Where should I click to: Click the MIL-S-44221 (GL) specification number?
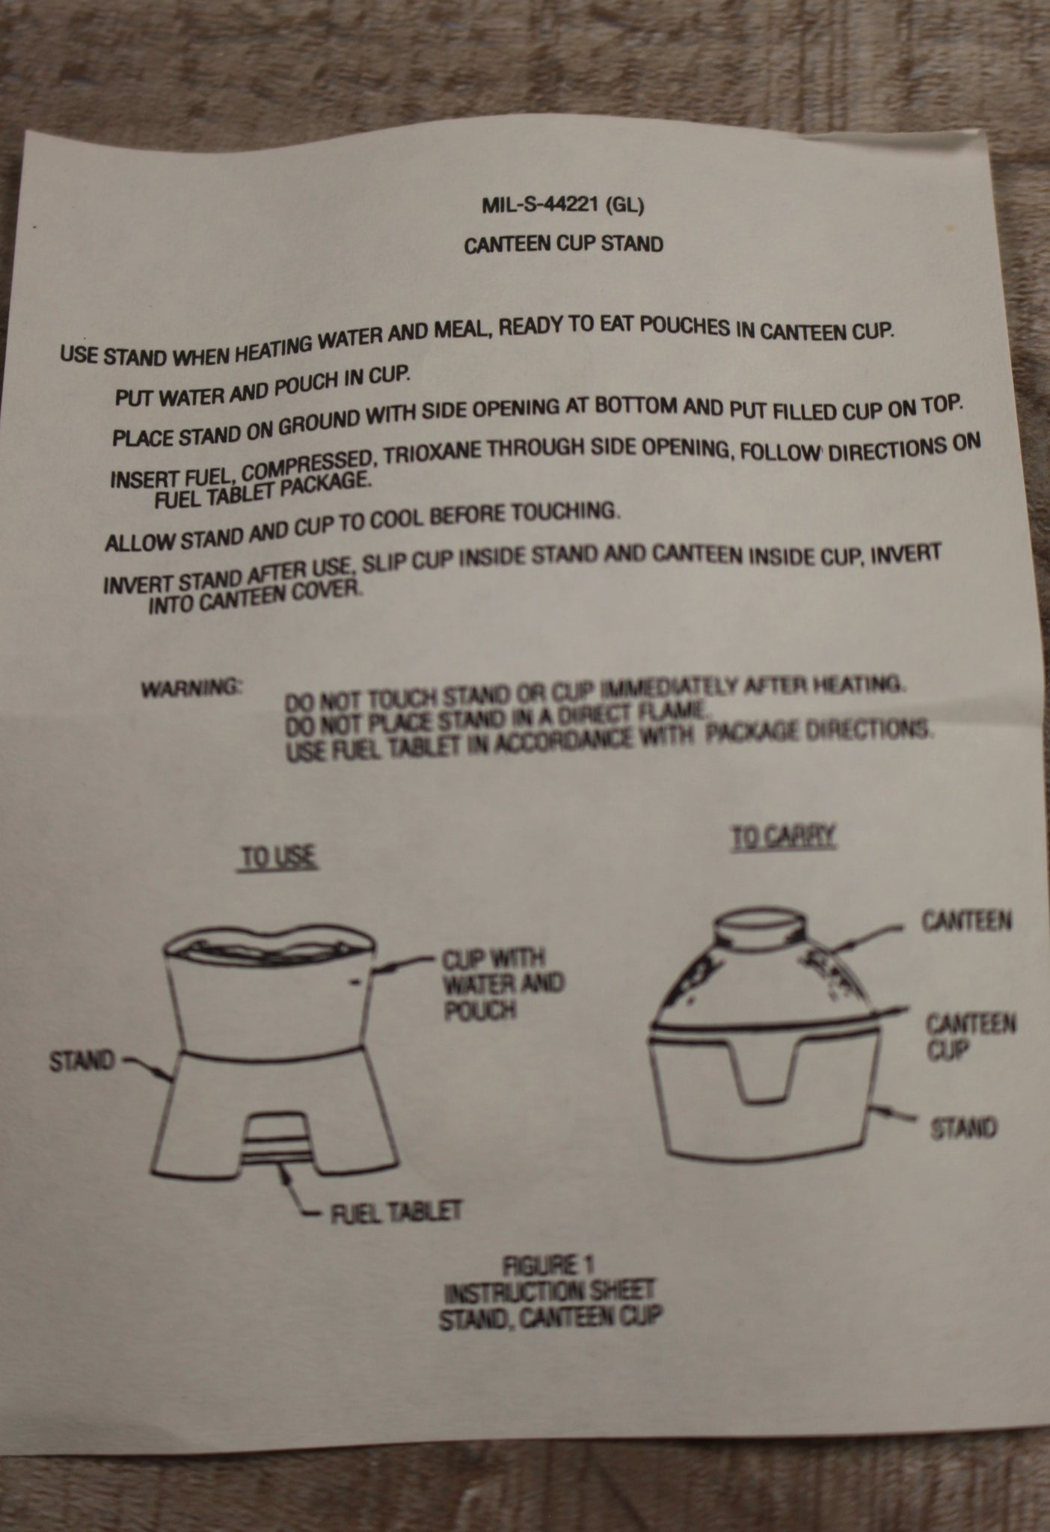point(562,206)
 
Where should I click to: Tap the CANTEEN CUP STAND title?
point(563,245)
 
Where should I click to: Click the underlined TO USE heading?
point(278,858)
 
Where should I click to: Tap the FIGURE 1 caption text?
point(550,1265)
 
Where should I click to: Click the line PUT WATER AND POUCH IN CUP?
point(263,384)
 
